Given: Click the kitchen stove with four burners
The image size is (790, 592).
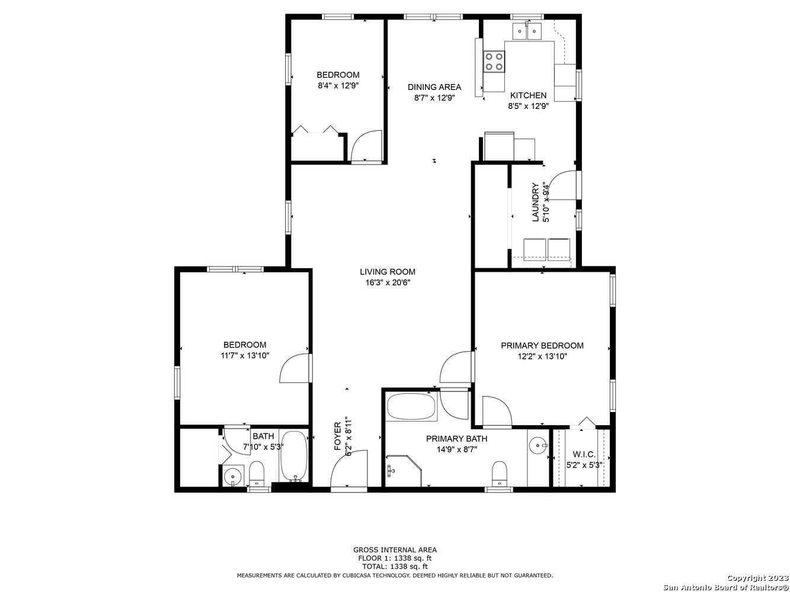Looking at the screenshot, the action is (x=494, y=62).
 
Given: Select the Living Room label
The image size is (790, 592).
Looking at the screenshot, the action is (x=388, y=272).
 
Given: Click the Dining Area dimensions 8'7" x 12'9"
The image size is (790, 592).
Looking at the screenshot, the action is (x=434, y=98).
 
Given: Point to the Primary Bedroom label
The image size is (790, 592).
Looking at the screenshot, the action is (x=542, y=345).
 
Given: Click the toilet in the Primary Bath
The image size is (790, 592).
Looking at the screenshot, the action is (x=499, y=473).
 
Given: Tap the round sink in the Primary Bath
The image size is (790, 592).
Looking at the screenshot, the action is (x=538, y=446).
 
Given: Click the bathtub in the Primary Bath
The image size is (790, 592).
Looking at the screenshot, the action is (x=411, y=407).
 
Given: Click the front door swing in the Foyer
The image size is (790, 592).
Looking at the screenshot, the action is (x=348, y=468).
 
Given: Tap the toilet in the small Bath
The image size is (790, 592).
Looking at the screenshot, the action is (x=257, y=474).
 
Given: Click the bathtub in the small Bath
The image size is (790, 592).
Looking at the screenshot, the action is (x=295, y=458).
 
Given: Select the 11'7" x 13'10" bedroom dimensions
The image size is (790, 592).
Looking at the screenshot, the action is (x=245, y=356).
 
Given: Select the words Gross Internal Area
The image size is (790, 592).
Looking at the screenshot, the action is (x=395, y=549).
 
